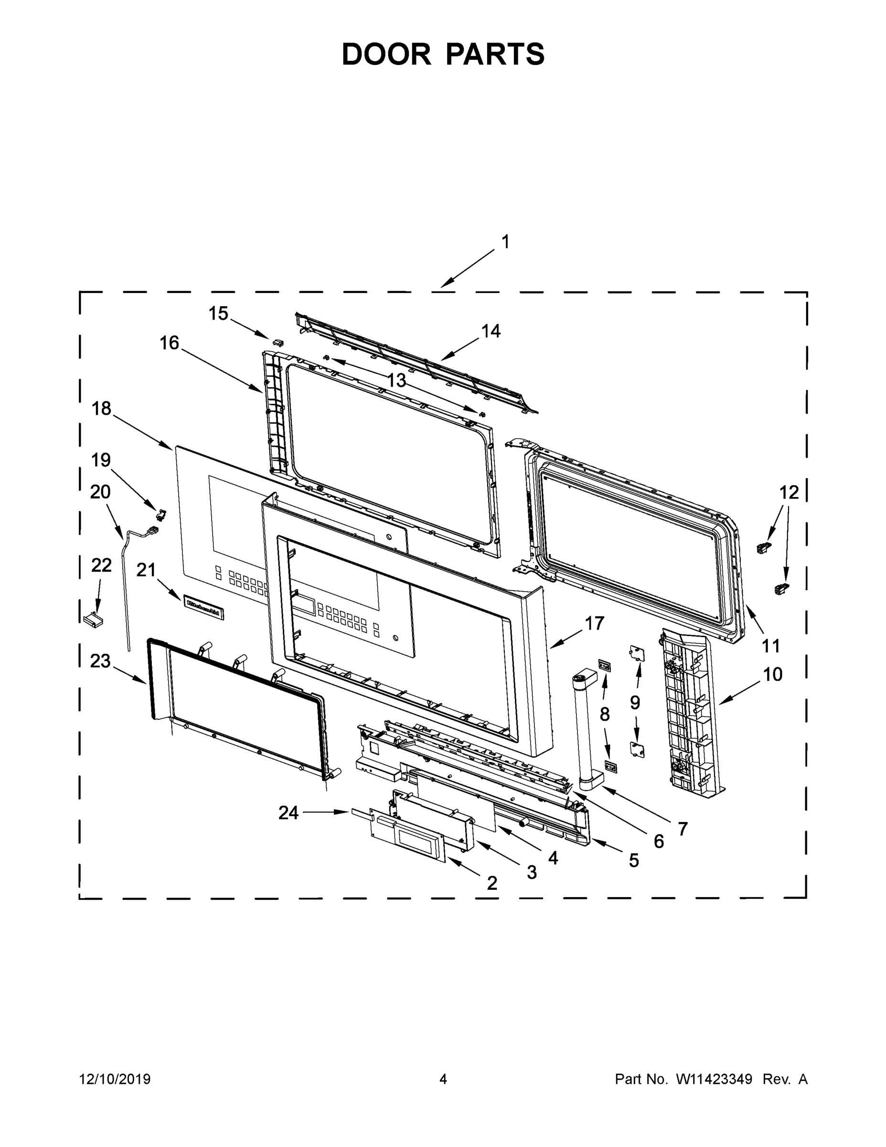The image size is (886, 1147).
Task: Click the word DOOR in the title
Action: (386, 54)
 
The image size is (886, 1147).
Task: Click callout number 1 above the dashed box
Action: (505, 242)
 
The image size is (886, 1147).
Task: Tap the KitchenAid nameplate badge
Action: (203, 607)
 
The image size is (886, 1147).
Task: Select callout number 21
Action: (147, 569)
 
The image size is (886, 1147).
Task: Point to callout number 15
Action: (218, 314)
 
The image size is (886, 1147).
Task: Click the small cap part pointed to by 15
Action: (278, 342)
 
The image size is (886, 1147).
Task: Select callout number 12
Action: (789, 492)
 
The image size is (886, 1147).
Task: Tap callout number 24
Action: (288, 812)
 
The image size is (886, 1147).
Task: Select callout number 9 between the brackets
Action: (635, 702)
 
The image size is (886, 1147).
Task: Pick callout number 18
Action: (101, 408)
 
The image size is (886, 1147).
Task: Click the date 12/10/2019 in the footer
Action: (115, 1079)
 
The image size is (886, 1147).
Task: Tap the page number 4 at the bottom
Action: (443, 1079)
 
